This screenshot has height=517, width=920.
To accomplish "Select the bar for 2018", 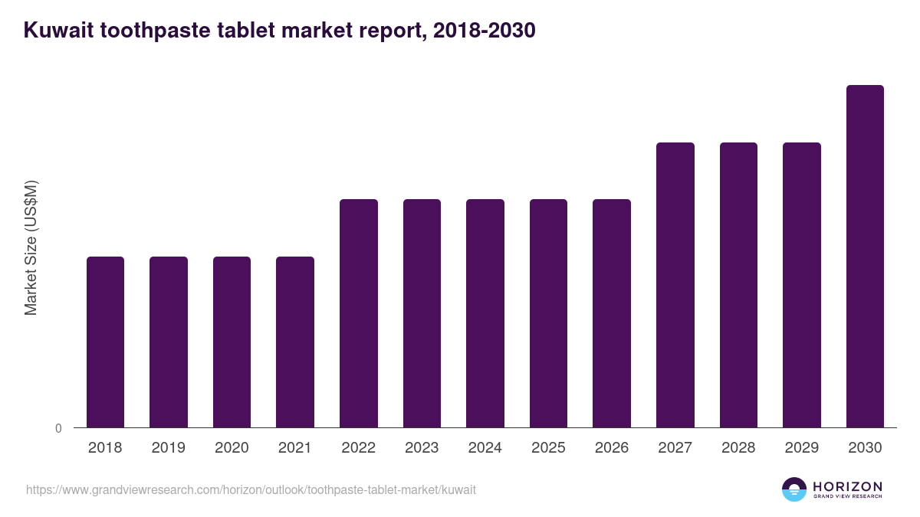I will [x=105, y=342].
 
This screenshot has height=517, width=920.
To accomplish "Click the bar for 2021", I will [x=295, y=342].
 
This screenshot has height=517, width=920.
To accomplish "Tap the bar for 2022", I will [x=359, y=313].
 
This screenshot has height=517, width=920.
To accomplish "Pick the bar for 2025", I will [x=548, y=313].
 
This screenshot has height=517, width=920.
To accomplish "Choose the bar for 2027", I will [x=675, y=285].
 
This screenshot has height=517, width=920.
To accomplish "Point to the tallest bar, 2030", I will [x=865, y=256].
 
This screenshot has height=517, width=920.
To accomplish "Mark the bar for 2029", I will [x=802, y=285].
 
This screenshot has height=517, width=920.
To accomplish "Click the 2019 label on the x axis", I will [x=168, y=448].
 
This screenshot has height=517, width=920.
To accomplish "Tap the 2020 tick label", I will [x=232, y=448].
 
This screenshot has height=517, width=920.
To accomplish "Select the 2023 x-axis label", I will [x=422, y=448].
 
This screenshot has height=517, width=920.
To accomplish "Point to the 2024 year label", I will [x=485, y=448].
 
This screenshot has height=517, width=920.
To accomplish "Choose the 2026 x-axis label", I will [x=612, y=448].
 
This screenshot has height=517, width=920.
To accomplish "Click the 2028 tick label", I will [x=738, y=448].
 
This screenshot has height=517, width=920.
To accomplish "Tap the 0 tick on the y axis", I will [x=58, y=429].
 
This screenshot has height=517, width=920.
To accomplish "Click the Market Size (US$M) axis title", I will [x=31, y=247].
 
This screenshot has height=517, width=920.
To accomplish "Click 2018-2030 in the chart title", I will [x=484, y=31].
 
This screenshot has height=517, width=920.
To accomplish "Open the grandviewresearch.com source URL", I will [x=251, y=489].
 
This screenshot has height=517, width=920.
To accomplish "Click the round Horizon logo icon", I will [x=794, y=489].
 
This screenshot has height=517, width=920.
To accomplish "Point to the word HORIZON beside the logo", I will [x=847, y=486].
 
